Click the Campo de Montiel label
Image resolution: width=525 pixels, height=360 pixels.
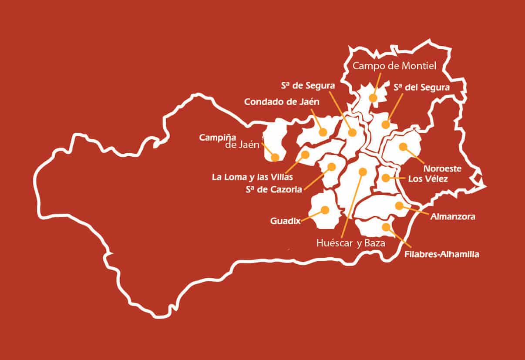pos(394,66)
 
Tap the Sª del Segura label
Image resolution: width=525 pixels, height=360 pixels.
pos(421,87)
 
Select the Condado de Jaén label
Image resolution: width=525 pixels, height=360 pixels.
pos(282,102)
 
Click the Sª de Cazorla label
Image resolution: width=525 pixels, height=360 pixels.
pos(274,189)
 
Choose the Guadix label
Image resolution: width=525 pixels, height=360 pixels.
pos(286,221)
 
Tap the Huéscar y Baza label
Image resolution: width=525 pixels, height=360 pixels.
pos(351,244)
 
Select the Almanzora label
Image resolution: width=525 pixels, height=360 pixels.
pos(453,216)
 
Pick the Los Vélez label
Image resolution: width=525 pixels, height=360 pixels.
pos(427,179)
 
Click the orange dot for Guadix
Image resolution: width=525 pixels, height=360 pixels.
pos(325,210)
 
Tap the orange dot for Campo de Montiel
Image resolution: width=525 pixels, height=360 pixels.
pos(373,98)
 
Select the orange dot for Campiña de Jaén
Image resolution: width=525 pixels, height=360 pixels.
pos(275,158)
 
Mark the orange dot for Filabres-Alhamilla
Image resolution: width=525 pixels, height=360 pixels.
pos(386,226)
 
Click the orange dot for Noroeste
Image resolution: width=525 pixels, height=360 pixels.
pos(403,146)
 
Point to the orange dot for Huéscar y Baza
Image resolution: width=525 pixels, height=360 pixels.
pos(362,172)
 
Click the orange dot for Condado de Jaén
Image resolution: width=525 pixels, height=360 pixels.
pos(323,132)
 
